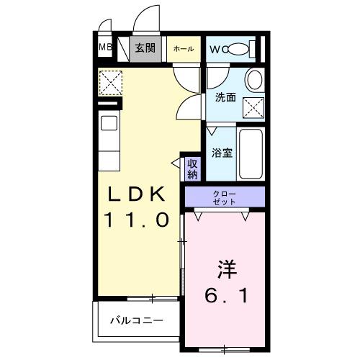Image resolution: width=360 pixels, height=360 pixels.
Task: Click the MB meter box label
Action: click(105, 49)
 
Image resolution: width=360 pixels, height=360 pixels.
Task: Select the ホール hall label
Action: click(183, 49)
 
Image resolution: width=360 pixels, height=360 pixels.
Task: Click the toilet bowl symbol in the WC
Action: click(240, 49)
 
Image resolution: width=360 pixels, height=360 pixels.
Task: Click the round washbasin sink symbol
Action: click(253, 79)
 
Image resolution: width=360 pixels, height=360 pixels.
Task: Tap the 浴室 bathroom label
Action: click(221, 153)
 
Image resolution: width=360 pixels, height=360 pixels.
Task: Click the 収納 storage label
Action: click(192, 169)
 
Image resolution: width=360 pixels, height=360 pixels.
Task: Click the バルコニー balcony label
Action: click(137, 320)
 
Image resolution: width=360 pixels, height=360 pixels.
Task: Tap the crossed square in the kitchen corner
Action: click(110, 82)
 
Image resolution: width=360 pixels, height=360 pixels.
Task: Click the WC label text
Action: click(217, 49)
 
